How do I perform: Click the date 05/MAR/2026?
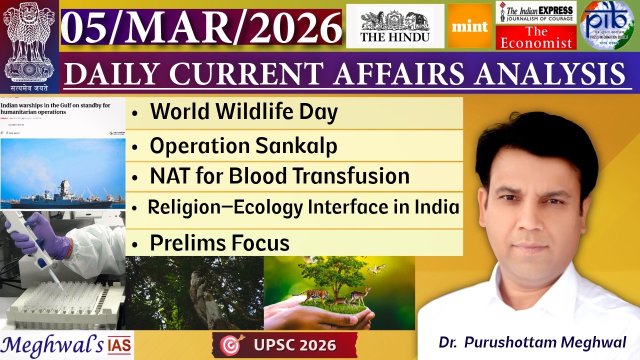click(x=201, y=27)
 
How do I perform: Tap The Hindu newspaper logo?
click(x=395, y=26)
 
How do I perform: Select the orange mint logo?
click(x=469, y=26)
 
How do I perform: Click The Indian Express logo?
click(x=536, y=12)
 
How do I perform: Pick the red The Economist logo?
click(x=536, y=37)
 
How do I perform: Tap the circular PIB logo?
click(x=606, y=25)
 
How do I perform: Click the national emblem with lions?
click(x=29, y=42)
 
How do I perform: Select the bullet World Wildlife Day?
click(x=243, y=112)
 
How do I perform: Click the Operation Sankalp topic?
click(x=243, y=145)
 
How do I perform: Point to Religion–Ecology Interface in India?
click(x=303, y=207)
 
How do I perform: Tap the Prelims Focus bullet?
click(x=219, y=243)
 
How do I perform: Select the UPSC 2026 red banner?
click(x=285, y=345)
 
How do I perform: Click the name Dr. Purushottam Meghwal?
click(x=532, y=342)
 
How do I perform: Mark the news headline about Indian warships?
click(x=55, y=109)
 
